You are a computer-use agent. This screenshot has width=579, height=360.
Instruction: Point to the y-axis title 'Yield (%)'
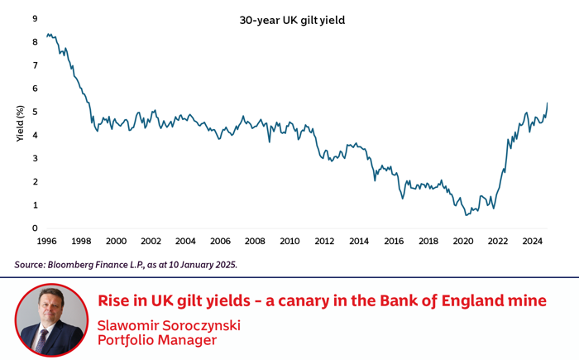[x=20, y=122]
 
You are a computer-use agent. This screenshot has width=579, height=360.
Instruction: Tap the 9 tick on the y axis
[x=34, y=18]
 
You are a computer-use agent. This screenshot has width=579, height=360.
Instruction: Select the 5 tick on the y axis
[x=34, y=112]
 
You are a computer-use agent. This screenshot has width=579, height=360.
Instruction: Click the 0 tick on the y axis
[x=34, y=228]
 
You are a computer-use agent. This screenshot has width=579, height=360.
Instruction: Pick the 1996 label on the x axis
[x=46, y=242]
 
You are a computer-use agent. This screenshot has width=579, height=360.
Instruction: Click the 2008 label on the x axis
[x=255, y=242]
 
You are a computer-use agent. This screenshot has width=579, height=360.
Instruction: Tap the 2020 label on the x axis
[x=462, y=242]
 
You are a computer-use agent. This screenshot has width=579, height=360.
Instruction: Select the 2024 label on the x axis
[x=532, y=242]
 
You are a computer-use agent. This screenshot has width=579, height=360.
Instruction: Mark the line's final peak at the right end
[x=548, y=103]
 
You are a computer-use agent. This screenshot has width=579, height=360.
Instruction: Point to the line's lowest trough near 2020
[x=467, y=215]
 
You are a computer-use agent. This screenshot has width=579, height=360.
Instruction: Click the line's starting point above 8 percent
[x=47, y=35]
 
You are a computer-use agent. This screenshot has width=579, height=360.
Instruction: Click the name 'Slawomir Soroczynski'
[x=169, y=325]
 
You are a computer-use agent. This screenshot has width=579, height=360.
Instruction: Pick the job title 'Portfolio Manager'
[x=156, y=340]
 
